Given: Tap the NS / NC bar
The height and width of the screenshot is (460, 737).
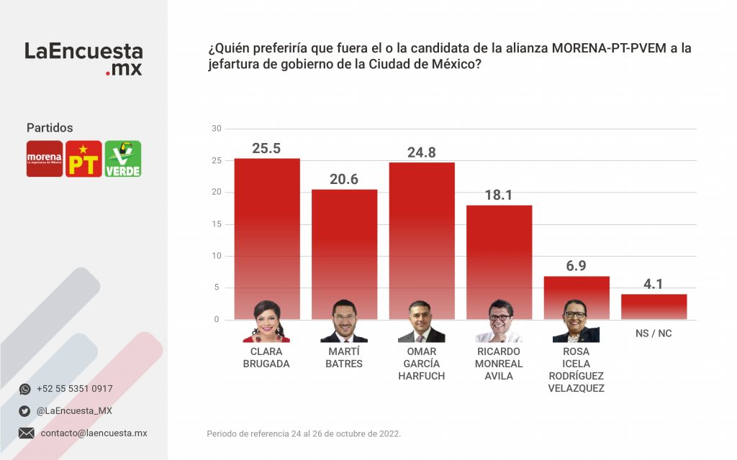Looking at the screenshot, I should pos(654,307).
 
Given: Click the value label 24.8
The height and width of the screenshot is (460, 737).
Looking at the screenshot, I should pos(421,152).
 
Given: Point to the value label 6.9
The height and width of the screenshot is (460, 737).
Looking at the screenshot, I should pos(576,266).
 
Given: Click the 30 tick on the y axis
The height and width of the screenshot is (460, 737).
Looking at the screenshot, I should pos(216,129).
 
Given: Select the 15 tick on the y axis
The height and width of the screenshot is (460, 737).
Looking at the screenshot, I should pos(216,224).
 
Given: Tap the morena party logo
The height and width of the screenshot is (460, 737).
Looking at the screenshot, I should pos(45,159).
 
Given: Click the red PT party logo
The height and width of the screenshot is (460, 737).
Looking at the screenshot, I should pos(83,159).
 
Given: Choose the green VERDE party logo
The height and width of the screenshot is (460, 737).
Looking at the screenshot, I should pos(123,159).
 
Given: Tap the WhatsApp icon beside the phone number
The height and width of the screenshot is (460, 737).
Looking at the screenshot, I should pos(25,389).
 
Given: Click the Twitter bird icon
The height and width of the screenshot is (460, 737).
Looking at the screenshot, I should pos(25,411).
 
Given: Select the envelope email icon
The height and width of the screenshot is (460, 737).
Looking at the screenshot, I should pos(26,433).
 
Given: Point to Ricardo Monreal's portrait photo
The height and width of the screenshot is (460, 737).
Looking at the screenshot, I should pos(499,321).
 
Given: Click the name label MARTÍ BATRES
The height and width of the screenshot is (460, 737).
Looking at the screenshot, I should pos(344,358).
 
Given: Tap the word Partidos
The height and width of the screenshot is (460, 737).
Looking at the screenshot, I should pos(50,128).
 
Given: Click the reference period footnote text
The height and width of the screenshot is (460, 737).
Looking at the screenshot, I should pos(304,433).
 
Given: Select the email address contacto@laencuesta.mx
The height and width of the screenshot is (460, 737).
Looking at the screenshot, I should pos(94,433).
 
